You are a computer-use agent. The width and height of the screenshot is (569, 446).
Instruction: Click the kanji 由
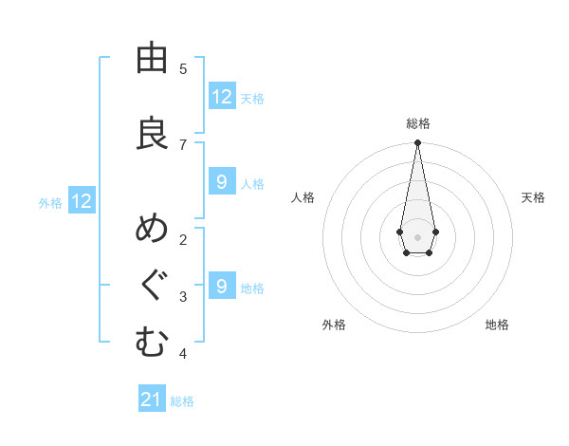pos(152,59)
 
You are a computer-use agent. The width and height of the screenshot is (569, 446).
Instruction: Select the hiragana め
pos(152,231)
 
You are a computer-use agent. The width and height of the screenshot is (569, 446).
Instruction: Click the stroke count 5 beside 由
pos(183,69)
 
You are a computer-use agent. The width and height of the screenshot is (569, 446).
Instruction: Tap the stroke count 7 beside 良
pos(183,144)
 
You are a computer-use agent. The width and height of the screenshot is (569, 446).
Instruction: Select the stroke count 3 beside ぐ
pos(183,297)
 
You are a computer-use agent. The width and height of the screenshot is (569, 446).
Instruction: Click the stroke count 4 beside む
pos(183,354)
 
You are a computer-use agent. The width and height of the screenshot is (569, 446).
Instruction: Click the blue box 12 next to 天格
pos(222,97)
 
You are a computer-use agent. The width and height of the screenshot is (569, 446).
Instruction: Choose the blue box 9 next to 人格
pos(222,182)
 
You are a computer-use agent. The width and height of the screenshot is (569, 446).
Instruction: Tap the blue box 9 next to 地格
pos(222,287)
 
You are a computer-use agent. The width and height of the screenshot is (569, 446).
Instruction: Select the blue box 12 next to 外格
pos(82,201)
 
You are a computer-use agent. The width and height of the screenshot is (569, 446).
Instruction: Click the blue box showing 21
pos(152,400)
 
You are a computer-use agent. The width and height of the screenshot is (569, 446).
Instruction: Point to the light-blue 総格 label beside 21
pos(182,401)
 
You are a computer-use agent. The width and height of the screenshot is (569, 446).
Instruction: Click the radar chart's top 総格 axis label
pos(417,123)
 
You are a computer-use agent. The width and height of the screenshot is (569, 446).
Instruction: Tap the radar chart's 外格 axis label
pos(334,325)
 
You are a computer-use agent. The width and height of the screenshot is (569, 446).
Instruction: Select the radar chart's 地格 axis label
pos(497,325)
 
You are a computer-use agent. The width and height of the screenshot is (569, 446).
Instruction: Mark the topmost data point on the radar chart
pos(417,143)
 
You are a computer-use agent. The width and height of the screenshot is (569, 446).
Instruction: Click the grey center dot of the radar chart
pos(417,236)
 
